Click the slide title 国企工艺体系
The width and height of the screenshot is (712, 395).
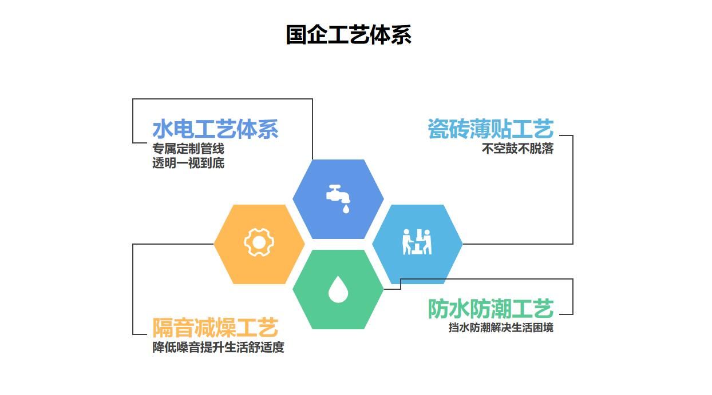(x=349, y=35)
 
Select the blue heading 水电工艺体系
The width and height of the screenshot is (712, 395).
(x=216, y=129)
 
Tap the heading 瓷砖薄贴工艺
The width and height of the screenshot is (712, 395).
(x=491, y=129)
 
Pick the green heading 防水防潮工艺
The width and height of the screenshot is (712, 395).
(x=491, y=309)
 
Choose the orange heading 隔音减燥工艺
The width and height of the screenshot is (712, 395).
(x=216, y=328)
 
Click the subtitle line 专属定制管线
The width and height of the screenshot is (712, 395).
(x=188, y=149)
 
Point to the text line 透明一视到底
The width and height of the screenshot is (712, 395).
(x=188, y=163)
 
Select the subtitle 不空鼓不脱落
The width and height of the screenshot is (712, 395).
(x=518, y=149)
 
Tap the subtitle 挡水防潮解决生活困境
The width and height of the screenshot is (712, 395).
(x=501, y=328)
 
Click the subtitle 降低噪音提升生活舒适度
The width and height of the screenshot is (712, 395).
(x=219, y=347)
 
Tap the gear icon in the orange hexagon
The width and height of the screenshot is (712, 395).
(x=259, y=243)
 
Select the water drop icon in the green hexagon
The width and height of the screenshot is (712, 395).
(x=338, y=290)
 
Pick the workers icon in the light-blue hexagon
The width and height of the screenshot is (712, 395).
(x=417, y=242)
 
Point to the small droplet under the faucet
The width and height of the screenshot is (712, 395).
(x=346, y=209)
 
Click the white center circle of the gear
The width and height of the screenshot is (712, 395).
(x=259, y=243)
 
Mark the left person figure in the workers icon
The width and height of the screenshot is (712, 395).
(x=406, y=242)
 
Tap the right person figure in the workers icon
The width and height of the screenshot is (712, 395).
(x=428, y=242)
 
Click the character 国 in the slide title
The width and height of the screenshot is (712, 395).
(x=296, y=35)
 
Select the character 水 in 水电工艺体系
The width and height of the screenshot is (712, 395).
(x=163, y=129)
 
